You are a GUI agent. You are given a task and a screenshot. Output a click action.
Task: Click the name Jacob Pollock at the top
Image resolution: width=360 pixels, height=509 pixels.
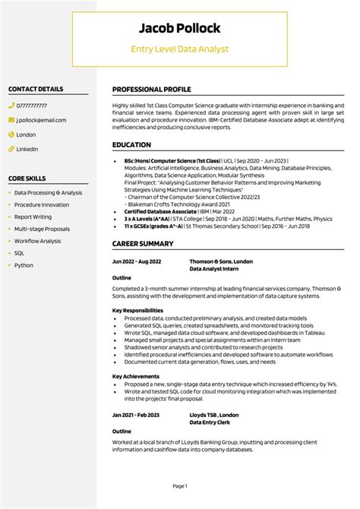pos(179,29)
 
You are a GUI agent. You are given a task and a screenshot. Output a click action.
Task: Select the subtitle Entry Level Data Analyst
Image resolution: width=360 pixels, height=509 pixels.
pos(179,49)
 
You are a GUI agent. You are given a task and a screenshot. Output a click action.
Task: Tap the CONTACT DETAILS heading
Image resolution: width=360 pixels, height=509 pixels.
pos(36,89)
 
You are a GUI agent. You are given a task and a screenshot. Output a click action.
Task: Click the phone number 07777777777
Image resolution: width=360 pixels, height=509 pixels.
pos(31,106)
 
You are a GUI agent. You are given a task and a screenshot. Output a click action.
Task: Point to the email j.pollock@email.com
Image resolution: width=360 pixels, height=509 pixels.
pos(41,120)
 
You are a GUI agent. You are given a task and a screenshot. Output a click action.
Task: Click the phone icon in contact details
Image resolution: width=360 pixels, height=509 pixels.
pos(11,106)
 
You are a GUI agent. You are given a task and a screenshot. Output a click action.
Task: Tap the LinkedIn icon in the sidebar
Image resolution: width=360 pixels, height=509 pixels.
pos(11,149)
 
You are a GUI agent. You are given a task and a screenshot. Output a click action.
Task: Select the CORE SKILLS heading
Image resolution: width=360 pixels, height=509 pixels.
pos(27,178)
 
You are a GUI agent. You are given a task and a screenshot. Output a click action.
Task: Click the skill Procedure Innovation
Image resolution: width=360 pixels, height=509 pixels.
pos(42,205)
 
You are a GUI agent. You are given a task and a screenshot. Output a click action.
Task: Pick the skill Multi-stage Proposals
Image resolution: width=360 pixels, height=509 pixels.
pos(42,229)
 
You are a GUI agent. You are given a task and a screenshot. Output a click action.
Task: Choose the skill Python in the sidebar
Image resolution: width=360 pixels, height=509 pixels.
pos(24,265)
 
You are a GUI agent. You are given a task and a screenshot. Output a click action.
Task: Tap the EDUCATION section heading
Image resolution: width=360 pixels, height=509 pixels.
pos(131,144)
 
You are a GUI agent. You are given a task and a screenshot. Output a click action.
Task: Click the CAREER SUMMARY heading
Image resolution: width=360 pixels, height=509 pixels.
pos(143,244)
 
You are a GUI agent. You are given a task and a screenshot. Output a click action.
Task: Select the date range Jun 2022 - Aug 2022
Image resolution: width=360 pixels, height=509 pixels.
pos(137,261)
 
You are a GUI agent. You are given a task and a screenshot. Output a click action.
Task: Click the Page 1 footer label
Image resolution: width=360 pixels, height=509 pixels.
pos(180,485)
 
